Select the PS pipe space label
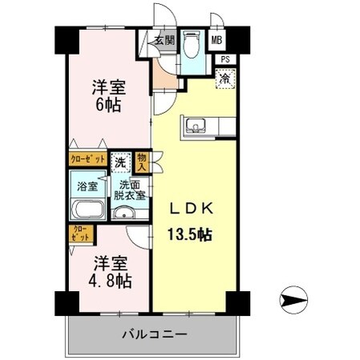(226, 59)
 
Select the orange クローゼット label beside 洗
(87, 160)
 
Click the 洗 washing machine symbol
(119, 160)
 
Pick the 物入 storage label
(142, 163)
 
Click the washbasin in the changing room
(122, 212)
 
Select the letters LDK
(191, 210)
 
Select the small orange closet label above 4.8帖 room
(80, 234)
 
